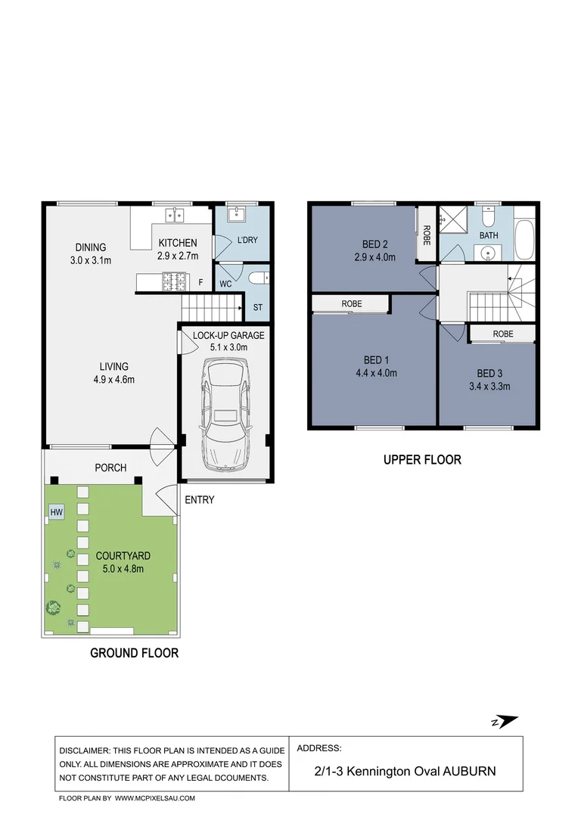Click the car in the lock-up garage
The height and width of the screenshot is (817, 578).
point(225,415)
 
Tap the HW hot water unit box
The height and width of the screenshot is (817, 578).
point(56,512)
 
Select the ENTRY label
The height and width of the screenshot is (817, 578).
point(200,500)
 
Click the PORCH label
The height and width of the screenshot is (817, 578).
point(110,468)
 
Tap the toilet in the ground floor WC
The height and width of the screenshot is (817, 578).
point(259,278)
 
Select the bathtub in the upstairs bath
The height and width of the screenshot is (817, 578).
point(525,240)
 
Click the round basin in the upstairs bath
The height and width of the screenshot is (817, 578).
point(488,253)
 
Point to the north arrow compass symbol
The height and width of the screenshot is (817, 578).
point(505,722)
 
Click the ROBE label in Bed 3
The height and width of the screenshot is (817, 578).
point(503,334)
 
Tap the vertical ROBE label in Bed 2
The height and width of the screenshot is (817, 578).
point(427,235)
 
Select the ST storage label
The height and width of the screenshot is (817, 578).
point(258,307)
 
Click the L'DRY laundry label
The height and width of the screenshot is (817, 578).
point(247,241)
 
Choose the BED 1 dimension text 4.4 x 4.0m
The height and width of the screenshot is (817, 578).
point(376,373)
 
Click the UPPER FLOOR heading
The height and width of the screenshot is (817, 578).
point(422,460)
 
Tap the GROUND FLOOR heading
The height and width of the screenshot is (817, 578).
point(135,653)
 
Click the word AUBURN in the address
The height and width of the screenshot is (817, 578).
point(469,771)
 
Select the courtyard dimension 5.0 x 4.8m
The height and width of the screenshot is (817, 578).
point(123,569)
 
